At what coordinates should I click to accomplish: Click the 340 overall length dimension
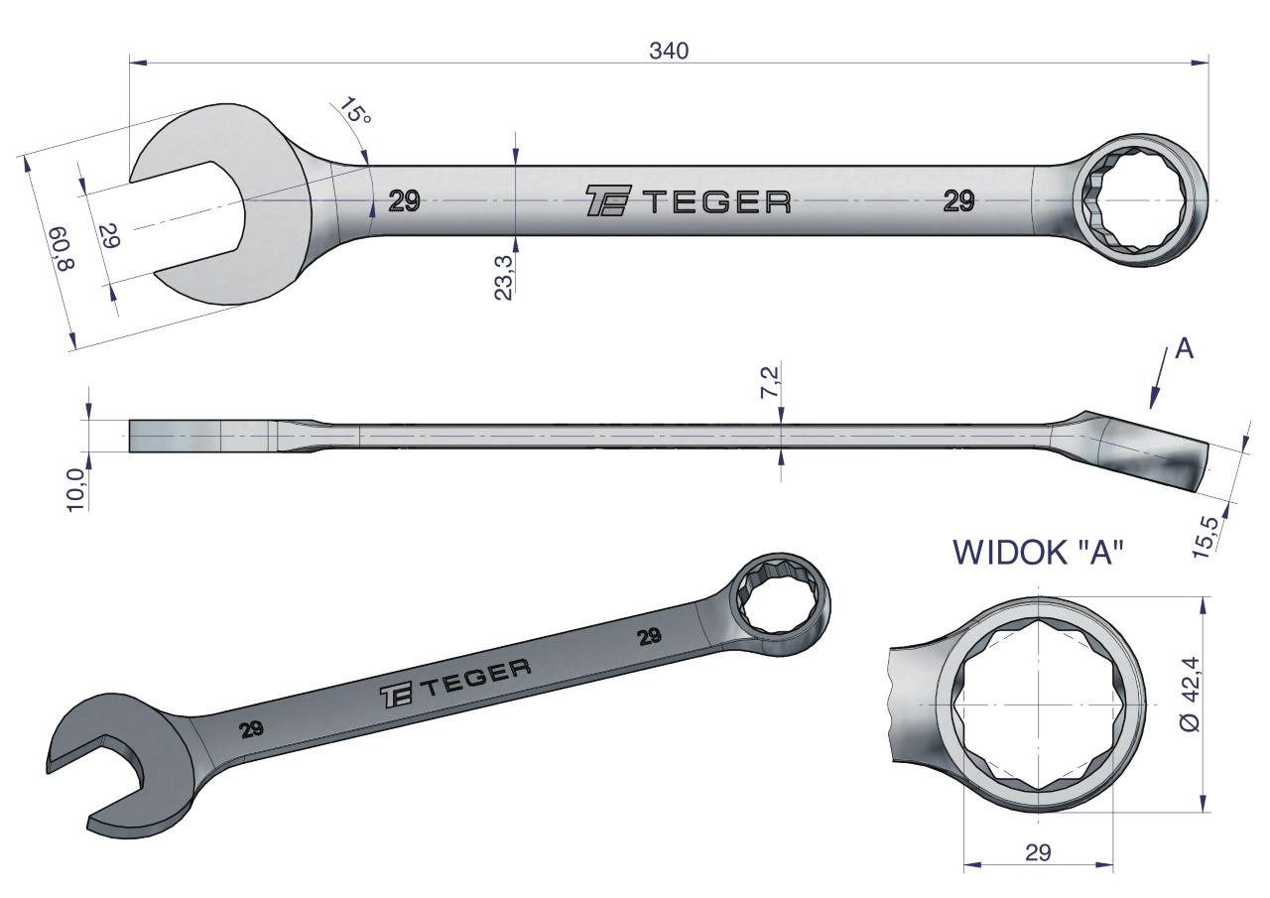(669, 51)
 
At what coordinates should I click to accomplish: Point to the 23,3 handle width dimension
(503, 277)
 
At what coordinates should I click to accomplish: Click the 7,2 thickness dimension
(771, 382)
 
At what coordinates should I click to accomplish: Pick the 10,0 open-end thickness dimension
(76, 490)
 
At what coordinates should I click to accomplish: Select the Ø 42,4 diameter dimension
(1190, 694)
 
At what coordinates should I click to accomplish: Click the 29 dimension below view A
(1038, 868)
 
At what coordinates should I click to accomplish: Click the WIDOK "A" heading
(1038, 552)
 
